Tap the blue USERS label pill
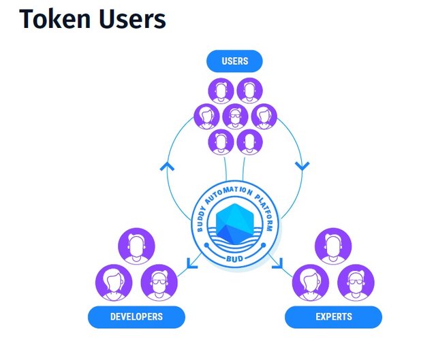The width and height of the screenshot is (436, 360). [234, 62]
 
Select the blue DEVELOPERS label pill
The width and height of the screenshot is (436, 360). [136, 317]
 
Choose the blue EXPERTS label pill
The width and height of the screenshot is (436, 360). [333, 317]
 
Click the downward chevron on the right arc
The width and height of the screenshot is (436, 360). [301, 165]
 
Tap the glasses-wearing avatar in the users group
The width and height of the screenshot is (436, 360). [236, 116]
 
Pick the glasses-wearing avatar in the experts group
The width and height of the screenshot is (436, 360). [352, 282]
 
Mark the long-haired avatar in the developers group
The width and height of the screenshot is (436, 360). [114, 282]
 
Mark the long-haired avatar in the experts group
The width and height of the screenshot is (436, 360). [311, 282]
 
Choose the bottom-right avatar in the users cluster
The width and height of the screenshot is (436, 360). [249, 142]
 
